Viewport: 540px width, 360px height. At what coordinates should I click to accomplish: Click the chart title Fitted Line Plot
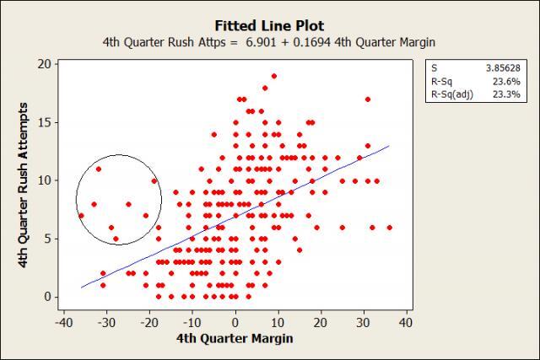tap(269, 26)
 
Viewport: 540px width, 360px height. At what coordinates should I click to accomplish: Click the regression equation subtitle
tap(270, 42)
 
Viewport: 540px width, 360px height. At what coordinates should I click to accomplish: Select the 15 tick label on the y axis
tap(44, 122)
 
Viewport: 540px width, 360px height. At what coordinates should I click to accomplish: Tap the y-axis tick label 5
tap(47, 239)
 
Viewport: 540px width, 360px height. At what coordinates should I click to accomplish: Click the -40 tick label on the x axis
tap(62, 323)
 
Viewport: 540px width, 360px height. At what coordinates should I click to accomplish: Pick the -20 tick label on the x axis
tap(148, 323)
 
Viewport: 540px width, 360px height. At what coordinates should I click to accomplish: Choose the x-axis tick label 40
tap(406, 323)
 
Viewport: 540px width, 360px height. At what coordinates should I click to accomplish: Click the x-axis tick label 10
tap(278, 323)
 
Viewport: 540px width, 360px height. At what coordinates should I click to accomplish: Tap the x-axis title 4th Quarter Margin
tap(235, 340)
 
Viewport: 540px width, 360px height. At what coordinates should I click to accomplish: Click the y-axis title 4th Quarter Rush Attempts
tap(24, 180)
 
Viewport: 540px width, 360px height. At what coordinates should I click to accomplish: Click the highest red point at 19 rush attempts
tap(273, 76)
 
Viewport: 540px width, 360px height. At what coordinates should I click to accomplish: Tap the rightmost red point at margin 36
tap(389, 227)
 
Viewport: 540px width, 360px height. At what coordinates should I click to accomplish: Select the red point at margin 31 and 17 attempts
tap(368, 99)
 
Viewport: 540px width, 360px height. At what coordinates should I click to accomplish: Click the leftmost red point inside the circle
tap(81, 216)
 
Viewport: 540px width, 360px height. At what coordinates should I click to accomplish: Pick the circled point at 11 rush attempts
tap(99, 169)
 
